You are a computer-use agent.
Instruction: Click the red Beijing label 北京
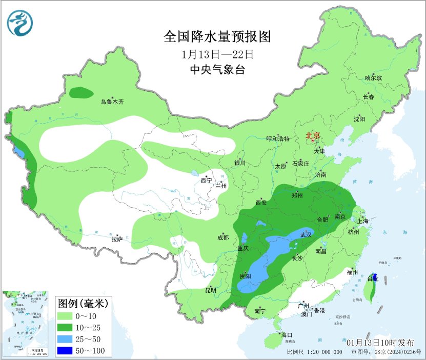coord(313,135)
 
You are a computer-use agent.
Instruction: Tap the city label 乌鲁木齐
coord(112,102)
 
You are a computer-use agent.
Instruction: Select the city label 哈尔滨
coord(373,78)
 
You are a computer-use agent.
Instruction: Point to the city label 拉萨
coord(117,239)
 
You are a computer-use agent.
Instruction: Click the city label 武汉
coord(306,234)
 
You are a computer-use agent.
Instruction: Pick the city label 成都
coord(222,237)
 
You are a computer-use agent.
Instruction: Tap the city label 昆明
coord(211,290)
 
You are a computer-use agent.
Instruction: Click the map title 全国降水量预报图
coord(216,37)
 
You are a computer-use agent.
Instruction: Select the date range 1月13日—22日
coord(217,54)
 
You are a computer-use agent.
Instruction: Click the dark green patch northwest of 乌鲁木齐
coord(81,93)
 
